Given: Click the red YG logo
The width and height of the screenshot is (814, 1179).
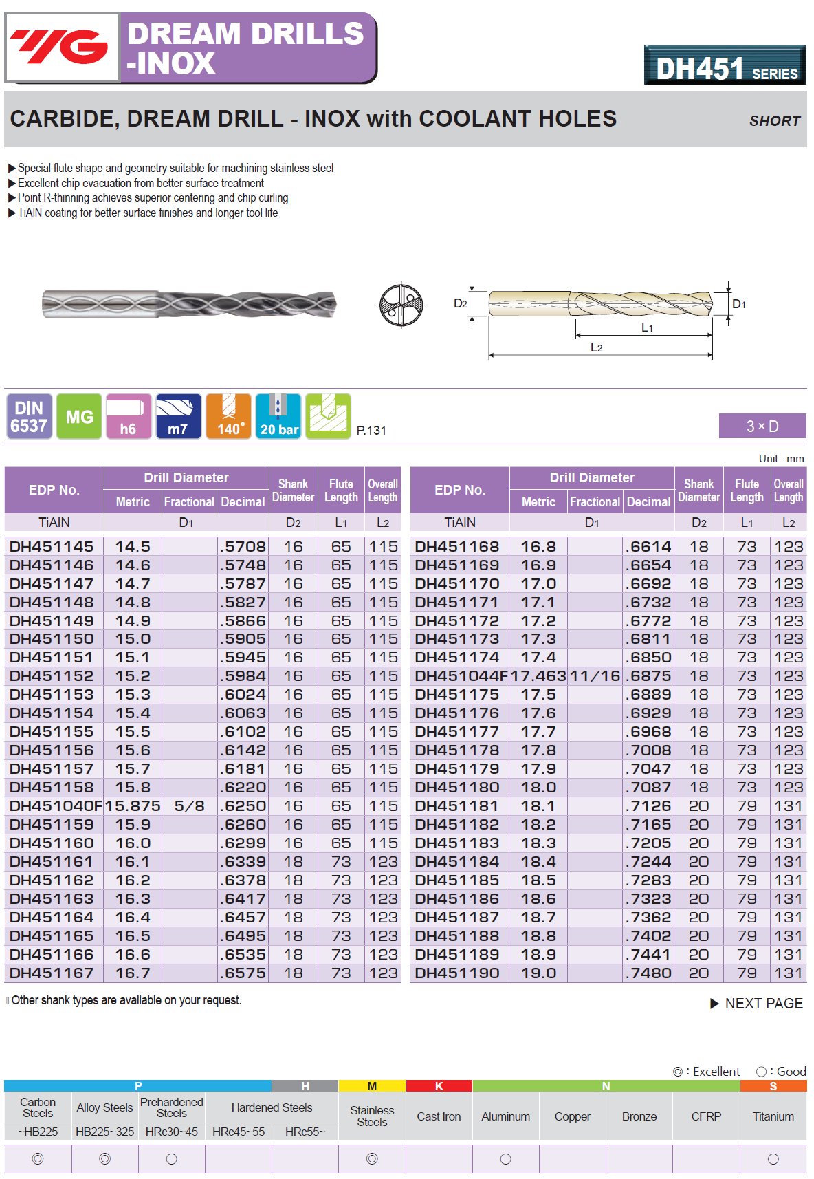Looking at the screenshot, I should [62, 47].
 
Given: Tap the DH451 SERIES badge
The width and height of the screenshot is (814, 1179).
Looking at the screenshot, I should [725, 65].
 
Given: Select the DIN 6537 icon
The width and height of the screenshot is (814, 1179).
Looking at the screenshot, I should [29, 417].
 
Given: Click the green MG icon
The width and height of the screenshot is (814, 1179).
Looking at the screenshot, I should [79, 417].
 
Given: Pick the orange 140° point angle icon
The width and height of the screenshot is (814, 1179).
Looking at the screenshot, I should [229, 417].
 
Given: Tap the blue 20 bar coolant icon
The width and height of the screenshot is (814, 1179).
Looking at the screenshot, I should [278, 417].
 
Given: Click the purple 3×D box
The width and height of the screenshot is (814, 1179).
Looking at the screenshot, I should [762, 426].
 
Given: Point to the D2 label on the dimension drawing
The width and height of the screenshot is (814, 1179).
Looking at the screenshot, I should [460, 303].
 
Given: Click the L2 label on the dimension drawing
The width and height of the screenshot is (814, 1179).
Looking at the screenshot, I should [597, 348].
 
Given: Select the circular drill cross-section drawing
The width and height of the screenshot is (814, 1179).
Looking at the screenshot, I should [401, 305].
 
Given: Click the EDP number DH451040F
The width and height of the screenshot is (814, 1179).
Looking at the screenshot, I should [55, 806].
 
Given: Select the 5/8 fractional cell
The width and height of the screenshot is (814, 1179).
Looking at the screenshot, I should [189, 806].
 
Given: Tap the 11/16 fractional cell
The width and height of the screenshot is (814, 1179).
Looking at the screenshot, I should [595, 676].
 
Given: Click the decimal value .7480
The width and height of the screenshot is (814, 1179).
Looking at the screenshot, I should [649, 973].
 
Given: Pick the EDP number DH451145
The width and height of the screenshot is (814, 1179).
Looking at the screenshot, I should [52, 547].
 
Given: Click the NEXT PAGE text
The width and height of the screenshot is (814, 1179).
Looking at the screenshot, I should [763, 1004].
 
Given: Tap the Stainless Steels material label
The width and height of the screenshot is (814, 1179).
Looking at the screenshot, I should [372, 1116].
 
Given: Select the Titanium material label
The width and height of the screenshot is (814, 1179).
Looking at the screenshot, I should [773, 1116].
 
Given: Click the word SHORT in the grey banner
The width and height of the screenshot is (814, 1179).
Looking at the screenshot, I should [775, 121].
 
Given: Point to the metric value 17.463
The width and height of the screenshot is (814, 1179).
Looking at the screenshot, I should [538, 676].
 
